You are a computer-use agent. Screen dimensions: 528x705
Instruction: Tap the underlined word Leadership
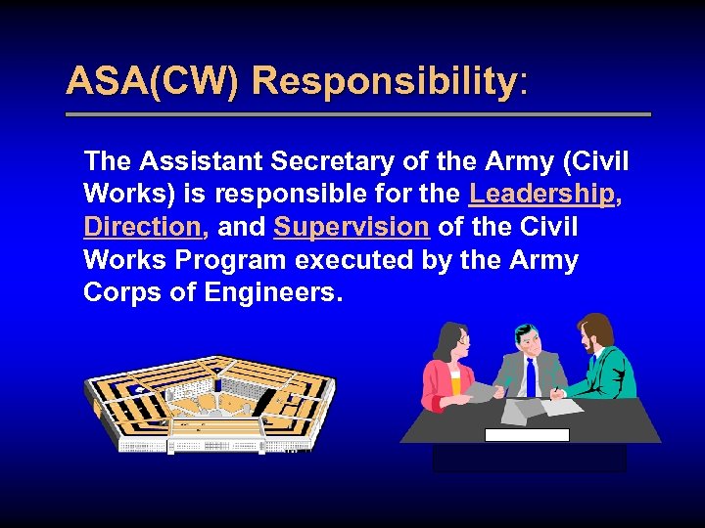541,194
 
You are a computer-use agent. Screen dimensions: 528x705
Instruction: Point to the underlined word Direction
142,227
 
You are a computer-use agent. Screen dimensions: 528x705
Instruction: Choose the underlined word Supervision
352,227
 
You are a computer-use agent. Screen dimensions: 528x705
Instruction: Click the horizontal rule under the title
357,114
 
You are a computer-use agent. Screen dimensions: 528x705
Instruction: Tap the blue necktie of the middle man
530,375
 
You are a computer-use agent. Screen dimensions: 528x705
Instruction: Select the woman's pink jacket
439,381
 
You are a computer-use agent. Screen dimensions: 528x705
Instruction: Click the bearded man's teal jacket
605,372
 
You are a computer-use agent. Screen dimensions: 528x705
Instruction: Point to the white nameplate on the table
527,435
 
